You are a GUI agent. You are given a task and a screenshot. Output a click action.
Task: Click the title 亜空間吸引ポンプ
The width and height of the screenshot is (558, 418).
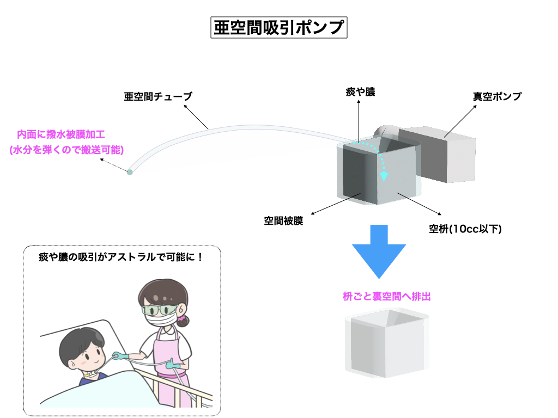(x=278, y=27)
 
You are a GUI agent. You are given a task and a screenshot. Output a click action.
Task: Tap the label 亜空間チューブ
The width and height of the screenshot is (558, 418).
(x=158, y=97)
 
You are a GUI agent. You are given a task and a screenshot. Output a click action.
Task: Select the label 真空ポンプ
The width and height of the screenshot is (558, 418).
(x=496, y=96)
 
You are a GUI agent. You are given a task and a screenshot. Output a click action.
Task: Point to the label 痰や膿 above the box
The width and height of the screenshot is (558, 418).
(x=360, y=93)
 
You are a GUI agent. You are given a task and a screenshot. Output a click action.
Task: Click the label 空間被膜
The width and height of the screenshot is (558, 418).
(x=283, y=221)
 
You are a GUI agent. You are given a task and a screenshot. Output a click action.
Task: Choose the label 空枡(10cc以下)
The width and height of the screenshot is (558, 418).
(x=465, y=229)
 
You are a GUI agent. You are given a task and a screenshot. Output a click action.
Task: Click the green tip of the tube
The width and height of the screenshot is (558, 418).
(x=130, y=173)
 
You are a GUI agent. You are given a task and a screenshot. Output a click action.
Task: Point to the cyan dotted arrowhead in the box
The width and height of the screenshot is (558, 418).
(x=384, y=176)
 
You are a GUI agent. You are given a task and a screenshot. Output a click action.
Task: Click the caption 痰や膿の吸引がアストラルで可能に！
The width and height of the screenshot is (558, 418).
(x=121, y=256)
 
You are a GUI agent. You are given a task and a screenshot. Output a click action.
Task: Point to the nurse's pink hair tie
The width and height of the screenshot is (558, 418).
(x=181, y=315)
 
